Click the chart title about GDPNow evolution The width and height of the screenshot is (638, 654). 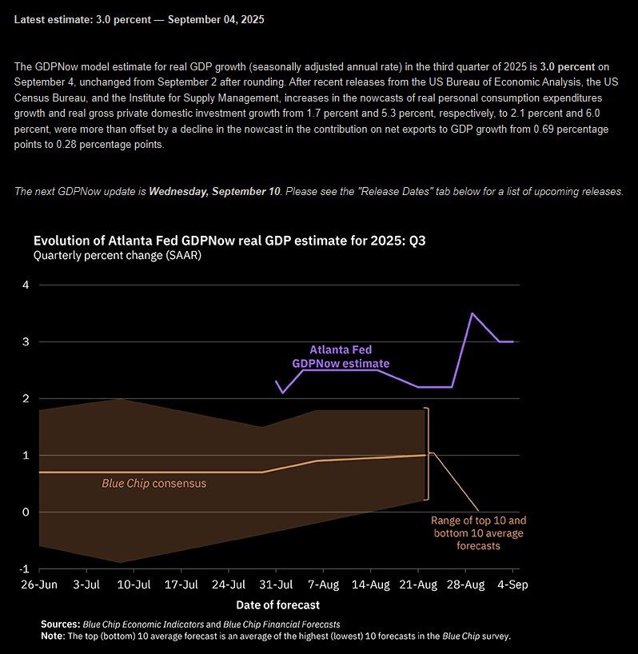[229, 241]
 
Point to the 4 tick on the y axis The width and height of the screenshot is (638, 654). [26, 285]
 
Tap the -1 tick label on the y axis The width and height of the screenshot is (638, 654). [24, 569]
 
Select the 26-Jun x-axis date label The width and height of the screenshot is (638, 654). [39, 584]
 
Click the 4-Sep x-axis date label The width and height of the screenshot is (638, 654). [512, 584]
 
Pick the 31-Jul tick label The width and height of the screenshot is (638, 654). [276, 584]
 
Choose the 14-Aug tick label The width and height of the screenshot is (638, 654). [371, 584]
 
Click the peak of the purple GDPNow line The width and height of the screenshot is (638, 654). [472, 313]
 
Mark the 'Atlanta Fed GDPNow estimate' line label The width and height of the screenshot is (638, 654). [341, 357]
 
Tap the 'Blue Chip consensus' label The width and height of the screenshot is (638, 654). [154, 484]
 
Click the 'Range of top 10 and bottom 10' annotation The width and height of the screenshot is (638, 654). [478, 533]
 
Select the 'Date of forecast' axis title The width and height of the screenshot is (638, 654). [277, 605]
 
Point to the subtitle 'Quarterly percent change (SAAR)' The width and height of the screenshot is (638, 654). [118, 255]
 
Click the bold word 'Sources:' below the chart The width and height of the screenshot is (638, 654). [61, 624]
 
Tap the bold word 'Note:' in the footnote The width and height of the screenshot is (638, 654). [53, 636]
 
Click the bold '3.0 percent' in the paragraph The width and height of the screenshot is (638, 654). [568, 66]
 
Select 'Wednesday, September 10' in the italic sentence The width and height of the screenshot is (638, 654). [215, 191]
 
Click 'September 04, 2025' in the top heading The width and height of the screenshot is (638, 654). [216, 20]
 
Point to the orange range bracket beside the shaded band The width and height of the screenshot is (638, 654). [427, 454]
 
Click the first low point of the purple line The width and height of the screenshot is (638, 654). [283, 393]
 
